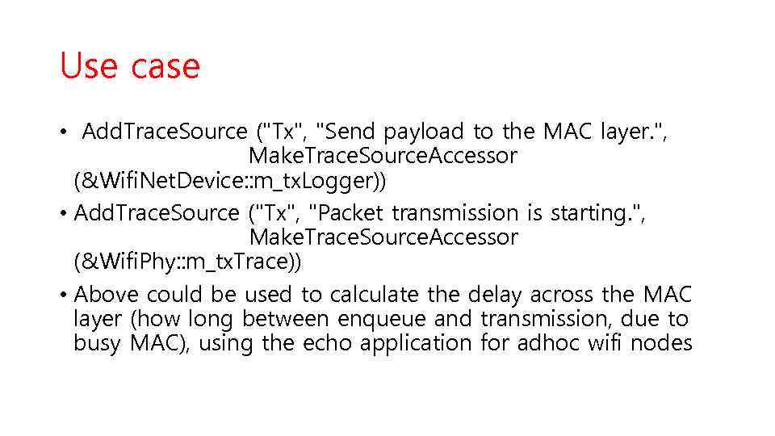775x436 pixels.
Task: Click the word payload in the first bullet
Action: click(424, 132)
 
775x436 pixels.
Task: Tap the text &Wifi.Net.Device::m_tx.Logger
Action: click(230, 182)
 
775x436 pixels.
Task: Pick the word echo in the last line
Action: click(329, 343)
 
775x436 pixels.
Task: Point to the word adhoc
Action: click(555, 343)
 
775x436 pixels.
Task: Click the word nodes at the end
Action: click(662, 343)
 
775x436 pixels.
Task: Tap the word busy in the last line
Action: click(95, 343)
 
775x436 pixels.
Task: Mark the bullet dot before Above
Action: click(64, 296)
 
